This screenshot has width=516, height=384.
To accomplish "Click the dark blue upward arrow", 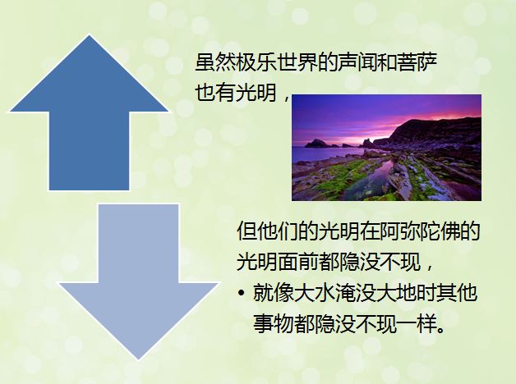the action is pos(89,131).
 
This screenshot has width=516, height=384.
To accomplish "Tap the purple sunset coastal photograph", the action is pos(387,148).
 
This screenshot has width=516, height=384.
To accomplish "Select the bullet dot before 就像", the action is pos(242,293).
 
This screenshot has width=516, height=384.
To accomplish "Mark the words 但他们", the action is pos(267,231).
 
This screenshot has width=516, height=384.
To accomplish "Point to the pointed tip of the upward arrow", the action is pos(90,35).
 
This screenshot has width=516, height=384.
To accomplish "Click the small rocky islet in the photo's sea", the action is pos(316,144).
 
